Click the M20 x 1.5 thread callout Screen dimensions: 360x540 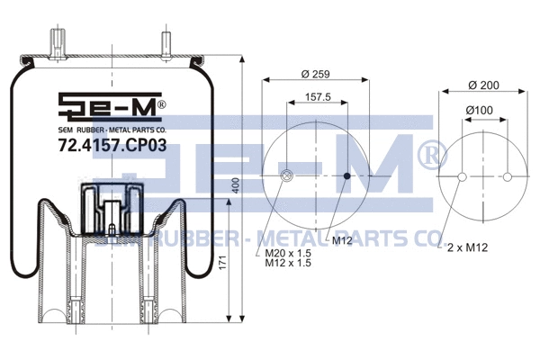(x=287, y=254)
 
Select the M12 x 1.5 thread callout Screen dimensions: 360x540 (x=287, y=265)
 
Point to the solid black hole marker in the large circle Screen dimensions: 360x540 (x=347, y=175)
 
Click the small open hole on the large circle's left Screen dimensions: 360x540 (x=286, y=175)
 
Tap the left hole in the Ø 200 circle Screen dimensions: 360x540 (x=462, y=176)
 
